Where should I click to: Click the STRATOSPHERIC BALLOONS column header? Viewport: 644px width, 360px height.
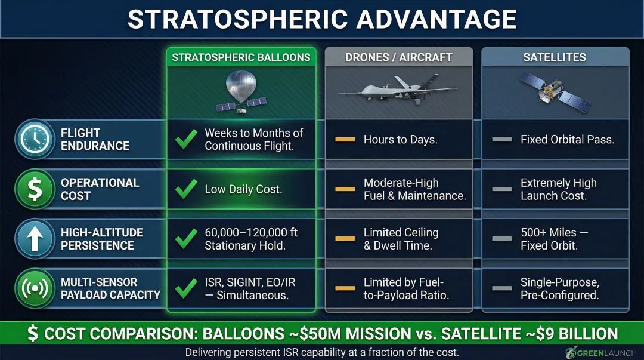tap(241, 57)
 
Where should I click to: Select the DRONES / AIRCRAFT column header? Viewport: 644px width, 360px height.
tap(398, 57)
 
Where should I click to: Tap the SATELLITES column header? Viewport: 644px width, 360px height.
tap(555, 57)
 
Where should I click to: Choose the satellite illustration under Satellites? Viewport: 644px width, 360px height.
tap(555, 93)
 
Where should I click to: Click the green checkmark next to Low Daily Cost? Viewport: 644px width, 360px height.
tap(186, 189)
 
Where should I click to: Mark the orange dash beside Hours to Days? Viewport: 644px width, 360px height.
tap(345, 140)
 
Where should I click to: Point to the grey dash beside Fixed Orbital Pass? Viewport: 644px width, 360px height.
tap(501, 140)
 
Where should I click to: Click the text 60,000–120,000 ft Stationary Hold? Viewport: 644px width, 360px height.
tap(251, 239)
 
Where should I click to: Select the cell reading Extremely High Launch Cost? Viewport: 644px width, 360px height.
tap(558, 189)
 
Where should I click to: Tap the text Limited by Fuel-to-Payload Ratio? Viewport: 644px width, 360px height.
tap(405, 288)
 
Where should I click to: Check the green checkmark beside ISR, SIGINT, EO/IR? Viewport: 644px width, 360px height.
tap(186, 288)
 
